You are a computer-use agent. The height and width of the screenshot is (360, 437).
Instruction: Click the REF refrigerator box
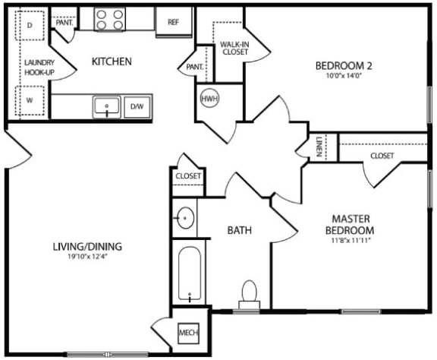(173, 23)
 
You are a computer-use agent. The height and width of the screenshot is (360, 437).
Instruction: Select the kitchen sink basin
(108, 107)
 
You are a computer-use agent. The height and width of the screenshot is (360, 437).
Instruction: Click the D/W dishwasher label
(137, 106)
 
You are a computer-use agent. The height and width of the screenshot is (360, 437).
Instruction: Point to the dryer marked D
(30, 25)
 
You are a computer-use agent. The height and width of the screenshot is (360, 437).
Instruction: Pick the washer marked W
(30, 99)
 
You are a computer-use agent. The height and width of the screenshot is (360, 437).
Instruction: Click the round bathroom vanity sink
(185, 219)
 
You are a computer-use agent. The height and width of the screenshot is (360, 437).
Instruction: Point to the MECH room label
(187, 333)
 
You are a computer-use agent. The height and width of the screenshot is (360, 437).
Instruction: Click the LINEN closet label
(319, 147)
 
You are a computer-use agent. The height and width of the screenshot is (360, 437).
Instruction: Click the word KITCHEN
(112, 62)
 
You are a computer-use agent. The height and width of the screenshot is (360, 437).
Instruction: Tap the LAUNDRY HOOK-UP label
(36, 68)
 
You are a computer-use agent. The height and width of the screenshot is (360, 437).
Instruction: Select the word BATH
(240, 230)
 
